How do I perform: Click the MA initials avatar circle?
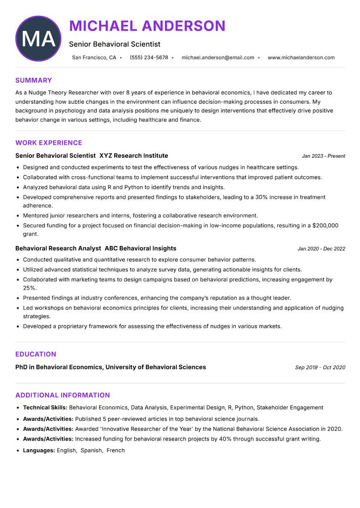(38, 39)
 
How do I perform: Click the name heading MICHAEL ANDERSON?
(147, 26)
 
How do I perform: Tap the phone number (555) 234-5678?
(149, 58)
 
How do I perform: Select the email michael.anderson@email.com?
(218, 58)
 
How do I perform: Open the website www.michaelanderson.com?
(301, 58)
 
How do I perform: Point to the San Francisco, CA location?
(94, 58)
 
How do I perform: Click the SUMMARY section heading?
(34, 80)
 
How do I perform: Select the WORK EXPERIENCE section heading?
(49, 143)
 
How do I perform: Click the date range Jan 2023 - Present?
(323, 156)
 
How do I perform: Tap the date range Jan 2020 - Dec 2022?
(321, 249)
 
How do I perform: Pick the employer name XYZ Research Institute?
(134, 156)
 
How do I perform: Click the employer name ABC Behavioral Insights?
(140, 248)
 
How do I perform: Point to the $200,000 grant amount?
(325, 225)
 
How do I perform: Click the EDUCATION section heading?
(36, 354)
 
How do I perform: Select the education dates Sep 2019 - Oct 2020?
(320, 367)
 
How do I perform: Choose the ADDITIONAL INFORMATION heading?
(63, 395)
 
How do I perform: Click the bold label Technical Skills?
(45, 407)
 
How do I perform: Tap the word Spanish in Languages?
(91, 450)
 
